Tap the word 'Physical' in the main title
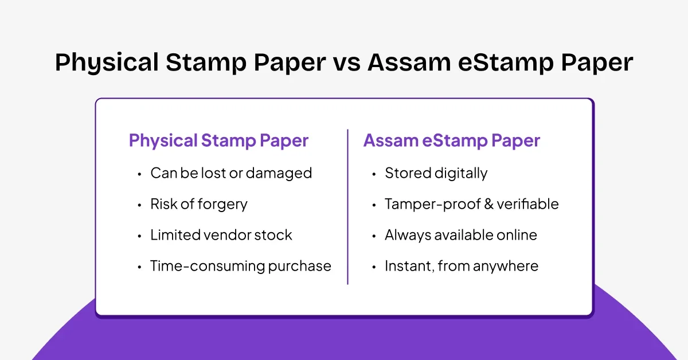(107, 63)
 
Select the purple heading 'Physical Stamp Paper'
(218, 140)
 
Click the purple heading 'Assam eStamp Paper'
(452, 140)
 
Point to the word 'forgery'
(222, 205)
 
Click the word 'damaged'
(279, 173)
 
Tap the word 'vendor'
(226, 235)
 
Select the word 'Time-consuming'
(208, 266)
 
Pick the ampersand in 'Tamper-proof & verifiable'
(488, 204)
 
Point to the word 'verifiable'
(527, 204)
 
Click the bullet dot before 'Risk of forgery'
(139, 205)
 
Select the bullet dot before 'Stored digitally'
(374, 174)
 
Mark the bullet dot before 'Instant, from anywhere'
(374, 267)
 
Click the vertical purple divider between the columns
(347, 207)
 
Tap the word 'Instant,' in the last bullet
(410, 266)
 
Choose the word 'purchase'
(299, 266)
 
